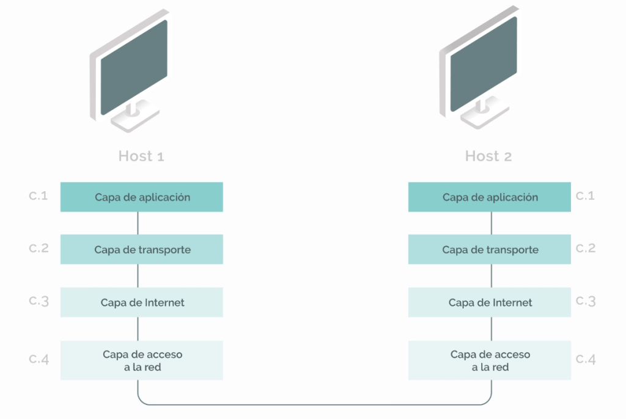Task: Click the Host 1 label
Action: click(x=141, y=156)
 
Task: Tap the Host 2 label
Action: click(x=488, y=156)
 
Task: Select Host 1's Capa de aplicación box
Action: click(x=141, y=197)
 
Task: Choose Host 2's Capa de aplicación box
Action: click(x=490, y=197)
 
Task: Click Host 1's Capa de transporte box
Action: click(x=141, y=250)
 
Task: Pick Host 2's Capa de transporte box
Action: click(x=490, y=250)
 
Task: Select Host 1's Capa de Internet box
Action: click(x=141, y=302)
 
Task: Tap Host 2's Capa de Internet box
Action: click(x=490, y=302)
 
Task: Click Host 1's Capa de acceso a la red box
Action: click(x=141, y=360)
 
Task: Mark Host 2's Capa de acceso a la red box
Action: click(x=490, y=360)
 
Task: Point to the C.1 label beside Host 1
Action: click(x=39, y=196)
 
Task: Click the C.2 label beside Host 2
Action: click(x=586, y=249)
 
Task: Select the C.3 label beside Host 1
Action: click(x=39, y=301)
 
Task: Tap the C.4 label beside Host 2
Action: click(x=586, y=359)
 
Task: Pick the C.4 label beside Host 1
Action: click(x=39, y=359)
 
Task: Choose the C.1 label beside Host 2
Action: click(x=586, y=196)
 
